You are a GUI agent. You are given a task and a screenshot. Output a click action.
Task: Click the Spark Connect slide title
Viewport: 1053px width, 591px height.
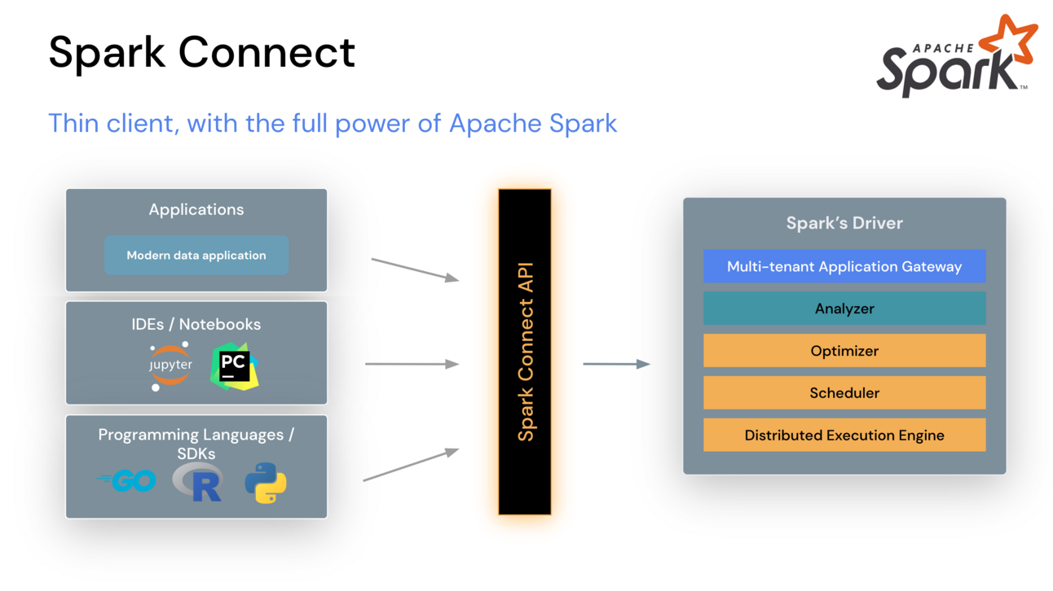[201, 52]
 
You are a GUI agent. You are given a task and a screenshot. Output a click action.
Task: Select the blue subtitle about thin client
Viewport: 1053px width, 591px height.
[333, 123]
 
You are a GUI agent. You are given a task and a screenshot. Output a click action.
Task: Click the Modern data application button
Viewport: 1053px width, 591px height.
[196, 256]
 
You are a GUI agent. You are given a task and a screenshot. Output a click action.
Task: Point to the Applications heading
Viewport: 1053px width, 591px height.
[196, 209]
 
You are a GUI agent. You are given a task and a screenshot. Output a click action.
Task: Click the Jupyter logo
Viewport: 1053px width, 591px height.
[170, 366]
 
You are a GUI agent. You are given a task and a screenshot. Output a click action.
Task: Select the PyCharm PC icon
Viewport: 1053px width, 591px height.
[234, 367]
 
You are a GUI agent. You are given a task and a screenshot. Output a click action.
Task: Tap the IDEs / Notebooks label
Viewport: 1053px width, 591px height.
[196, 324]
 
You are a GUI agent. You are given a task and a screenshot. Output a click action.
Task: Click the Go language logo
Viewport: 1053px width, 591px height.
[127, 481]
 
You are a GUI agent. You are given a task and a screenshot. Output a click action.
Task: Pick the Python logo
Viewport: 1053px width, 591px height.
[266, 483]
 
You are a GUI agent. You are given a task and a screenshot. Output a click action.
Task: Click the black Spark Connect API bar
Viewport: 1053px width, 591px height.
[525, 352]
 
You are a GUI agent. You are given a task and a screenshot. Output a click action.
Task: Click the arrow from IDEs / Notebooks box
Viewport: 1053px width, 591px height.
[412, 364]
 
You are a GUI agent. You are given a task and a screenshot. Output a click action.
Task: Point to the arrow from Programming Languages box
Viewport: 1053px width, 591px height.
[411, 465]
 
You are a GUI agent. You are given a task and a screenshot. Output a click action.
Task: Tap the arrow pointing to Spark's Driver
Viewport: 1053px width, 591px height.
[616, 364]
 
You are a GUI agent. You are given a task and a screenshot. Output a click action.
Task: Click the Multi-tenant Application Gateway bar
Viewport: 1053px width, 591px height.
[844, 266]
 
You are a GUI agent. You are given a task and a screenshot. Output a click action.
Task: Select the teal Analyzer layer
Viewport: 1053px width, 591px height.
[844, 309]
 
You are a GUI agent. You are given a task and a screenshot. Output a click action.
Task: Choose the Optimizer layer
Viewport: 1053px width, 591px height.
[844, 351]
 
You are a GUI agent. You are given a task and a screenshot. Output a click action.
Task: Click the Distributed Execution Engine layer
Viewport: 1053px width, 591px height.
[844, 436]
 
